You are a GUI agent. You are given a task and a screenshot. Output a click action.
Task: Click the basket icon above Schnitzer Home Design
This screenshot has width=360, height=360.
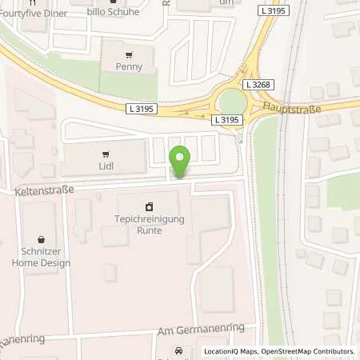click(x=41, y=239)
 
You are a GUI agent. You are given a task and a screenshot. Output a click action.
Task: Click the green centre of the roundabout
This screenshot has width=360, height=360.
click(x=231, y=100)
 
